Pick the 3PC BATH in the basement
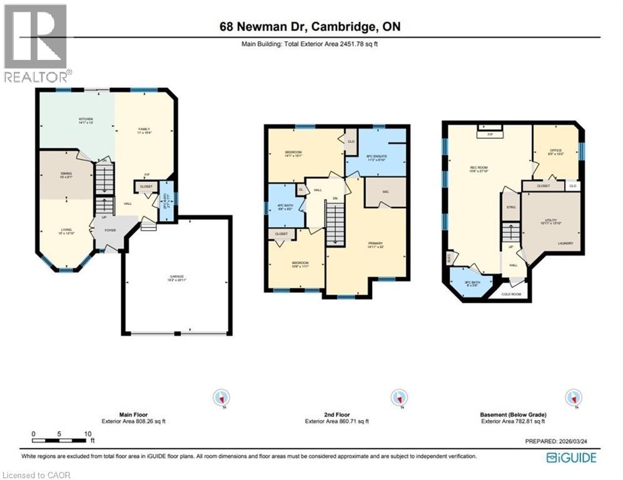pyautogui.click(x=471, y=283)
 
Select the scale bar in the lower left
pyautogui.click(x=61, y=434)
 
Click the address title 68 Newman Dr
pyautogui.click(x=310, y=27)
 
